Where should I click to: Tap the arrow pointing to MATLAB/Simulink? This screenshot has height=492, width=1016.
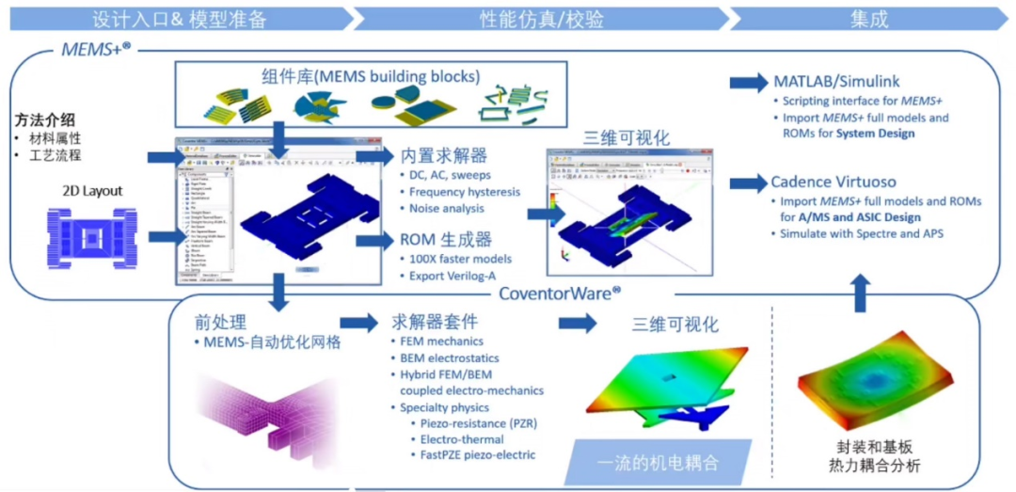click(x=749, y=83)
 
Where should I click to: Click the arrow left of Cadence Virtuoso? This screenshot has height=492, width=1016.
click(x=749, y=182)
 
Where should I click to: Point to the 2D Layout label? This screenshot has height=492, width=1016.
click(x=89, y=191)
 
